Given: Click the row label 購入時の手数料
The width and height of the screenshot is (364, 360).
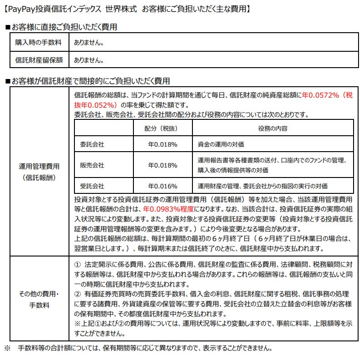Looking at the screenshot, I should pyautogui.click(x=39, y=43).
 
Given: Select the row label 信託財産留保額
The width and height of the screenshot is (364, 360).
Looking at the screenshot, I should pyautogui.click(x=39, y=59).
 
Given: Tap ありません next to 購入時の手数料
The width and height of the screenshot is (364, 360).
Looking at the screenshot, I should pyautogui.click(x=89, y=43).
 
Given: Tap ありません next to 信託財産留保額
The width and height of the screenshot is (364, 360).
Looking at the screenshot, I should pyautogui.click(x=89, y=59).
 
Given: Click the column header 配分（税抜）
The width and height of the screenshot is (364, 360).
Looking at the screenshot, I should pyautogui.click(x=162, y=128).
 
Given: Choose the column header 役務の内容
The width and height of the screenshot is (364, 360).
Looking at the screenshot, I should pyautogui.click(x=273, y=128).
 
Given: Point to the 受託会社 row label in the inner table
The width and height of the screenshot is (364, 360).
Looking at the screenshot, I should pyautogui.click(x=92, y=186).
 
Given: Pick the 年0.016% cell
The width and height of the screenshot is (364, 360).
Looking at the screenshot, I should pyautogui.click(x=162, y=186).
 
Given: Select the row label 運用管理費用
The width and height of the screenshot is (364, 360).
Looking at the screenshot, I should pyautogui.click(x=39, y=166).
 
